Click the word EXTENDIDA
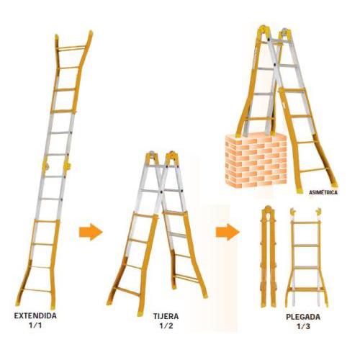(35, 315)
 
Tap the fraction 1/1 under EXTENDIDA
(35, 325)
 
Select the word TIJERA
(166, 316)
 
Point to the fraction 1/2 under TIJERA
(166, 325)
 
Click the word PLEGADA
(303, 317)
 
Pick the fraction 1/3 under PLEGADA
(303, 326)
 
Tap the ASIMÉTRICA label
(323, 192)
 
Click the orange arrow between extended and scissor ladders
(91, 232)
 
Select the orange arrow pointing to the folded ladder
(228, 232)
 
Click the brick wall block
(256, 160)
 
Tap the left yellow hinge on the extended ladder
(45, 166)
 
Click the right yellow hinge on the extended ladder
(68, 166)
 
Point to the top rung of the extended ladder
(71, 48)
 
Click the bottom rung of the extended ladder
(37, 290)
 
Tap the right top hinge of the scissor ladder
(172, 158)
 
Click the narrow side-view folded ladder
(269, 256)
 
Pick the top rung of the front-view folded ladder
(305, 222)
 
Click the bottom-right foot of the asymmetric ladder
(334, 185)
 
